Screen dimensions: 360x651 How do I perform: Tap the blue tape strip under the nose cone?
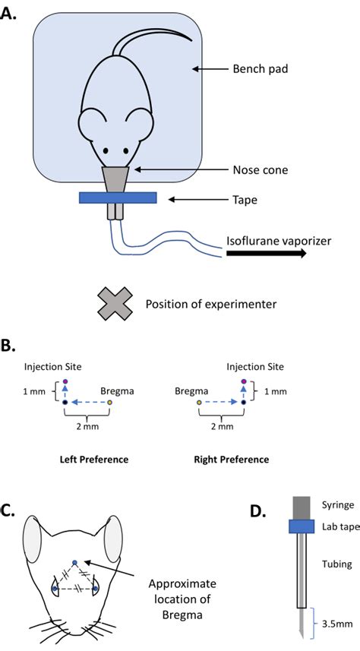tap(118, 198)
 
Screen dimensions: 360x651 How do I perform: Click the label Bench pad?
tap(261, 68)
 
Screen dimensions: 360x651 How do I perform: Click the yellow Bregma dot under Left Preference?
tap(109, 403)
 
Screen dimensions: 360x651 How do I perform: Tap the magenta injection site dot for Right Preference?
tap(244, 381)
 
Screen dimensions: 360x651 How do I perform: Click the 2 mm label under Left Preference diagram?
tap(87, 426)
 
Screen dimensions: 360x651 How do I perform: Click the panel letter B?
tap(8, 347)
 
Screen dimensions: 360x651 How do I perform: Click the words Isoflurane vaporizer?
tap(279, 242)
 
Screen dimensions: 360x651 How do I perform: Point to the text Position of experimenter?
tap(211, 305)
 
